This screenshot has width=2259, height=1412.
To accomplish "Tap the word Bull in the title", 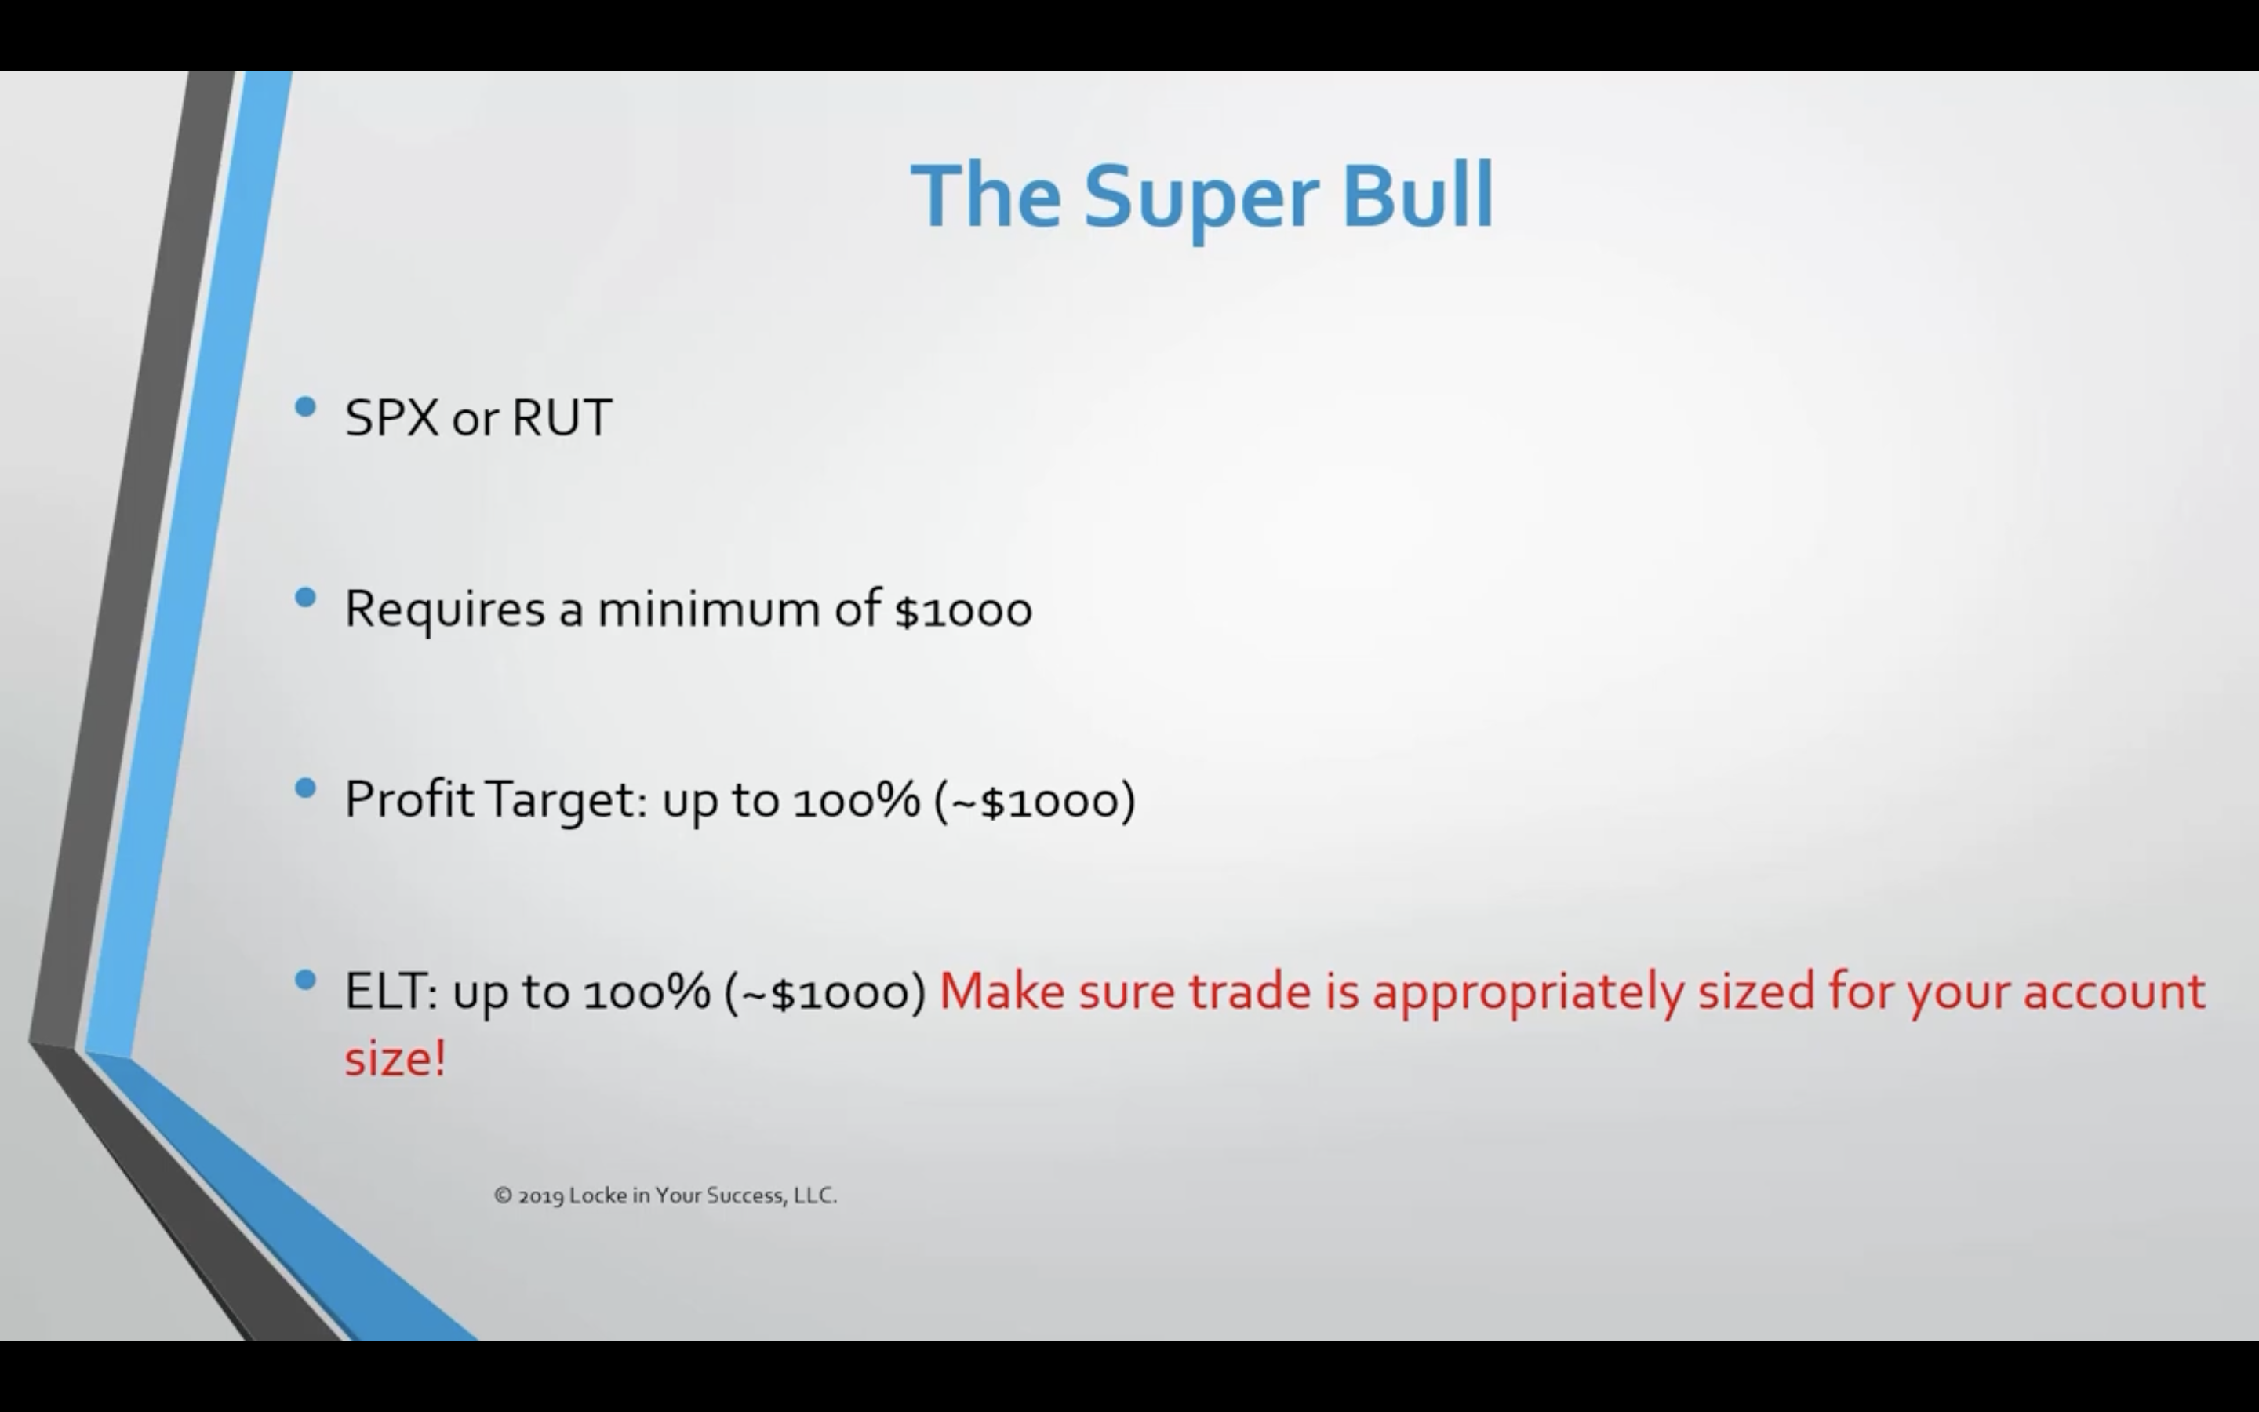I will point(1417,196).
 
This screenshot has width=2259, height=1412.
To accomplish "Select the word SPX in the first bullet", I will point(391,417).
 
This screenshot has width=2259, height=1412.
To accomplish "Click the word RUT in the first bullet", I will point(562,417).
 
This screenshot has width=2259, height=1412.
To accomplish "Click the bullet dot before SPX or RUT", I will point(305,407).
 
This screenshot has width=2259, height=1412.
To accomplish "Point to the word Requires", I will point(444,610).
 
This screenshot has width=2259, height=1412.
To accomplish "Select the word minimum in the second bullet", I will point(708,609).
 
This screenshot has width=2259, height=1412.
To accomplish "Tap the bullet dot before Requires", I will point(305,599).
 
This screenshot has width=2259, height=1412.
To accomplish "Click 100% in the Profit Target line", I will point(856,801).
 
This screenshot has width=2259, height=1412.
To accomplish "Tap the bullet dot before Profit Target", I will point(305,789).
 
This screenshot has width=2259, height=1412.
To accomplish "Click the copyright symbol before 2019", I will point(503,1195).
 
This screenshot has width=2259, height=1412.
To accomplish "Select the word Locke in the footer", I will point(598,1195).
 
